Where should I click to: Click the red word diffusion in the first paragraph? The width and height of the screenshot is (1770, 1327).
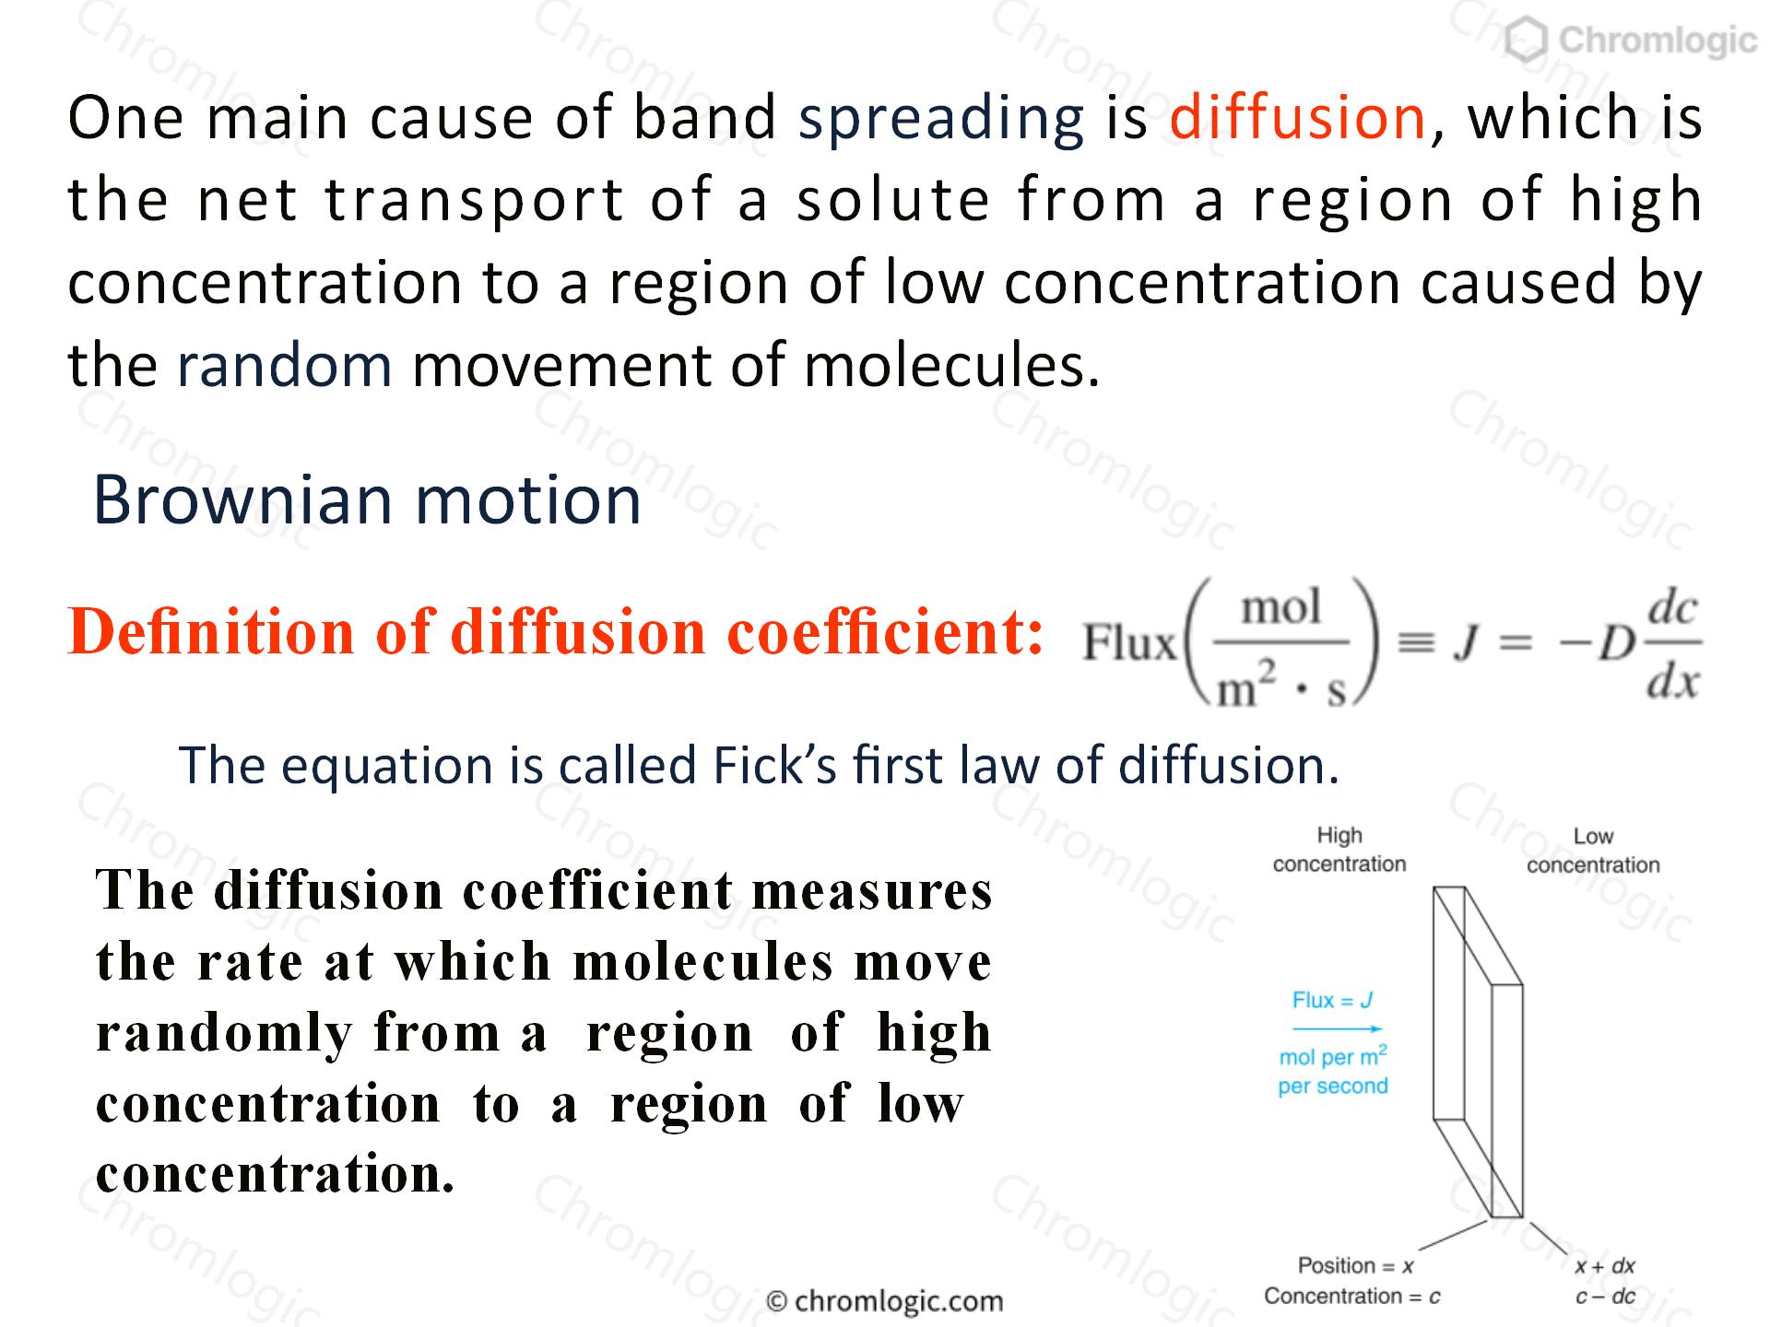[1298, 118]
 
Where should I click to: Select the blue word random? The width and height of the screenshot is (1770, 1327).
[284, 365]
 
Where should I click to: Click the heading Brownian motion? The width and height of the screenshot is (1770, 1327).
[367, 500]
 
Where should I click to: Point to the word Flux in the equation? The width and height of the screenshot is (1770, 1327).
[1129, 642]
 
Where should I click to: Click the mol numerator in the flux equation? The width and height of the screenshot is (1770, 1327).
[1281, 607]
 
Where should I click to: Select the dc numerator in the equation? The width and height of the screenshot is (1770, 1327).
[1672, 608]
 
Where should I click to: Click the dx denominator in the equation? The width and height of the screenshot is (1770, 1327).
[1672, 683]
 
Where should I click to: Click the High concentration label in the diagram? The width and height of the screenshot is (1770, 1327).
[1339, 850]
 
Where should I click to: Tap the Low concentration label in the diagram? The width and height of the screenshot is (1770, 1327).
[1593, 851]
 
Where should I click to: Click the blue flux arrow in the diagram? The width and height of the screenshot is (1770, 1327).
[1337, 1029]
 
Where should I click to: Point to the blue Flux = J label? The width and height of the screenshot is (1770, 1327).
[1333, 1001]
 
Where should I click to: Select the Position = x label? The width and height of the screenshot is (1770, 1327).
[1355, 1266]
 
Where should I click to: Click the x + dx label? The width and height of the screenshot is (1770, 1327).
[1605, 1266]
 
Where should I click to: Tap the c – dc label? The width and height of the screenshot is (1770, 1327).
[1605, 1297]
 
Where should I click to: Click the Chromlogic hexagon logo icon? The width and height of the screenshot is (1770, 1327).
[1527, 41]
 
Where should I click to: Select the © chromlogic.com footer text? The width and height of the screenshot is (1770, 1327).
[885, 1301]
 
